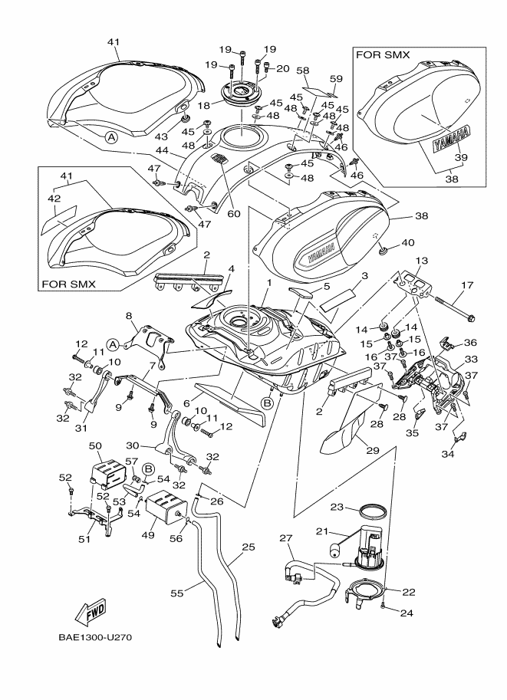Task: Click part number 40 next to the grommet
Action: point(407,243)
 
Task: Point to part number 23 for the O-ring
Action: point(335,507)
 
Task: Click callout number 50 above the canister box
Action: point(95,445)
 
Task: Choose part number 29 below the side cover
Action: point(372,451)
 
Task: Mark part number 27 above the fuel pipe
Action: point(285,539)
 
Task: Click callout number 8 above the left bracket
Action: point(129,316)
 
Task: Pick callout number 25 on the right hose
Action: point(248,547)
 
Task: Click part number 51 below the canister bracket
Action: point(84,539)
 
